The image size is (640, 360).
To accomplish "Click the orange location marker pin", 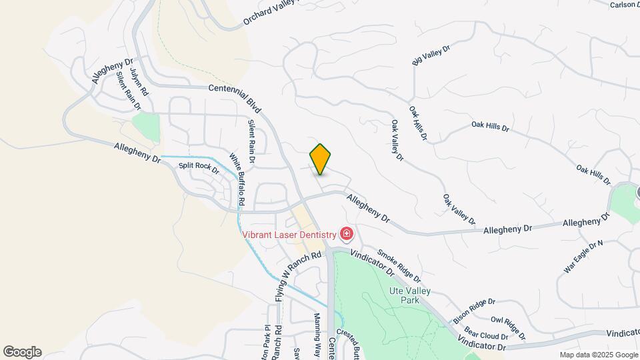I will pos(320,159).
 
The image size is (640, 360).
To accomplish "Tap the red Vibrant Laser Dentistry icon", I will pos(347,233).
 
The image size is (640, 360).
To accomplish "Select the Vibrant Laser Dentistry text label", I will pos(289,234).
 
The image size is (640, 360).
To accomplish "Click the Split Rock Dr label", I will pos(199,167).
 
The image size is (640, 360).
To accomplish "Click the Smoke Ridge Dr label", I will pos(399,265).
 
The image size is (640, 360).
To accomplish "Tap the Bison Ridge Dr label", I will pos(474,309).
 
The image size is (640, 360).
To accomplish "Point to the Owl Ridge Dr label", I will pos(508,327).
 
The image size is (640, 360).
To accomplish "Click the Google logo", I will pos(22,352).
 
